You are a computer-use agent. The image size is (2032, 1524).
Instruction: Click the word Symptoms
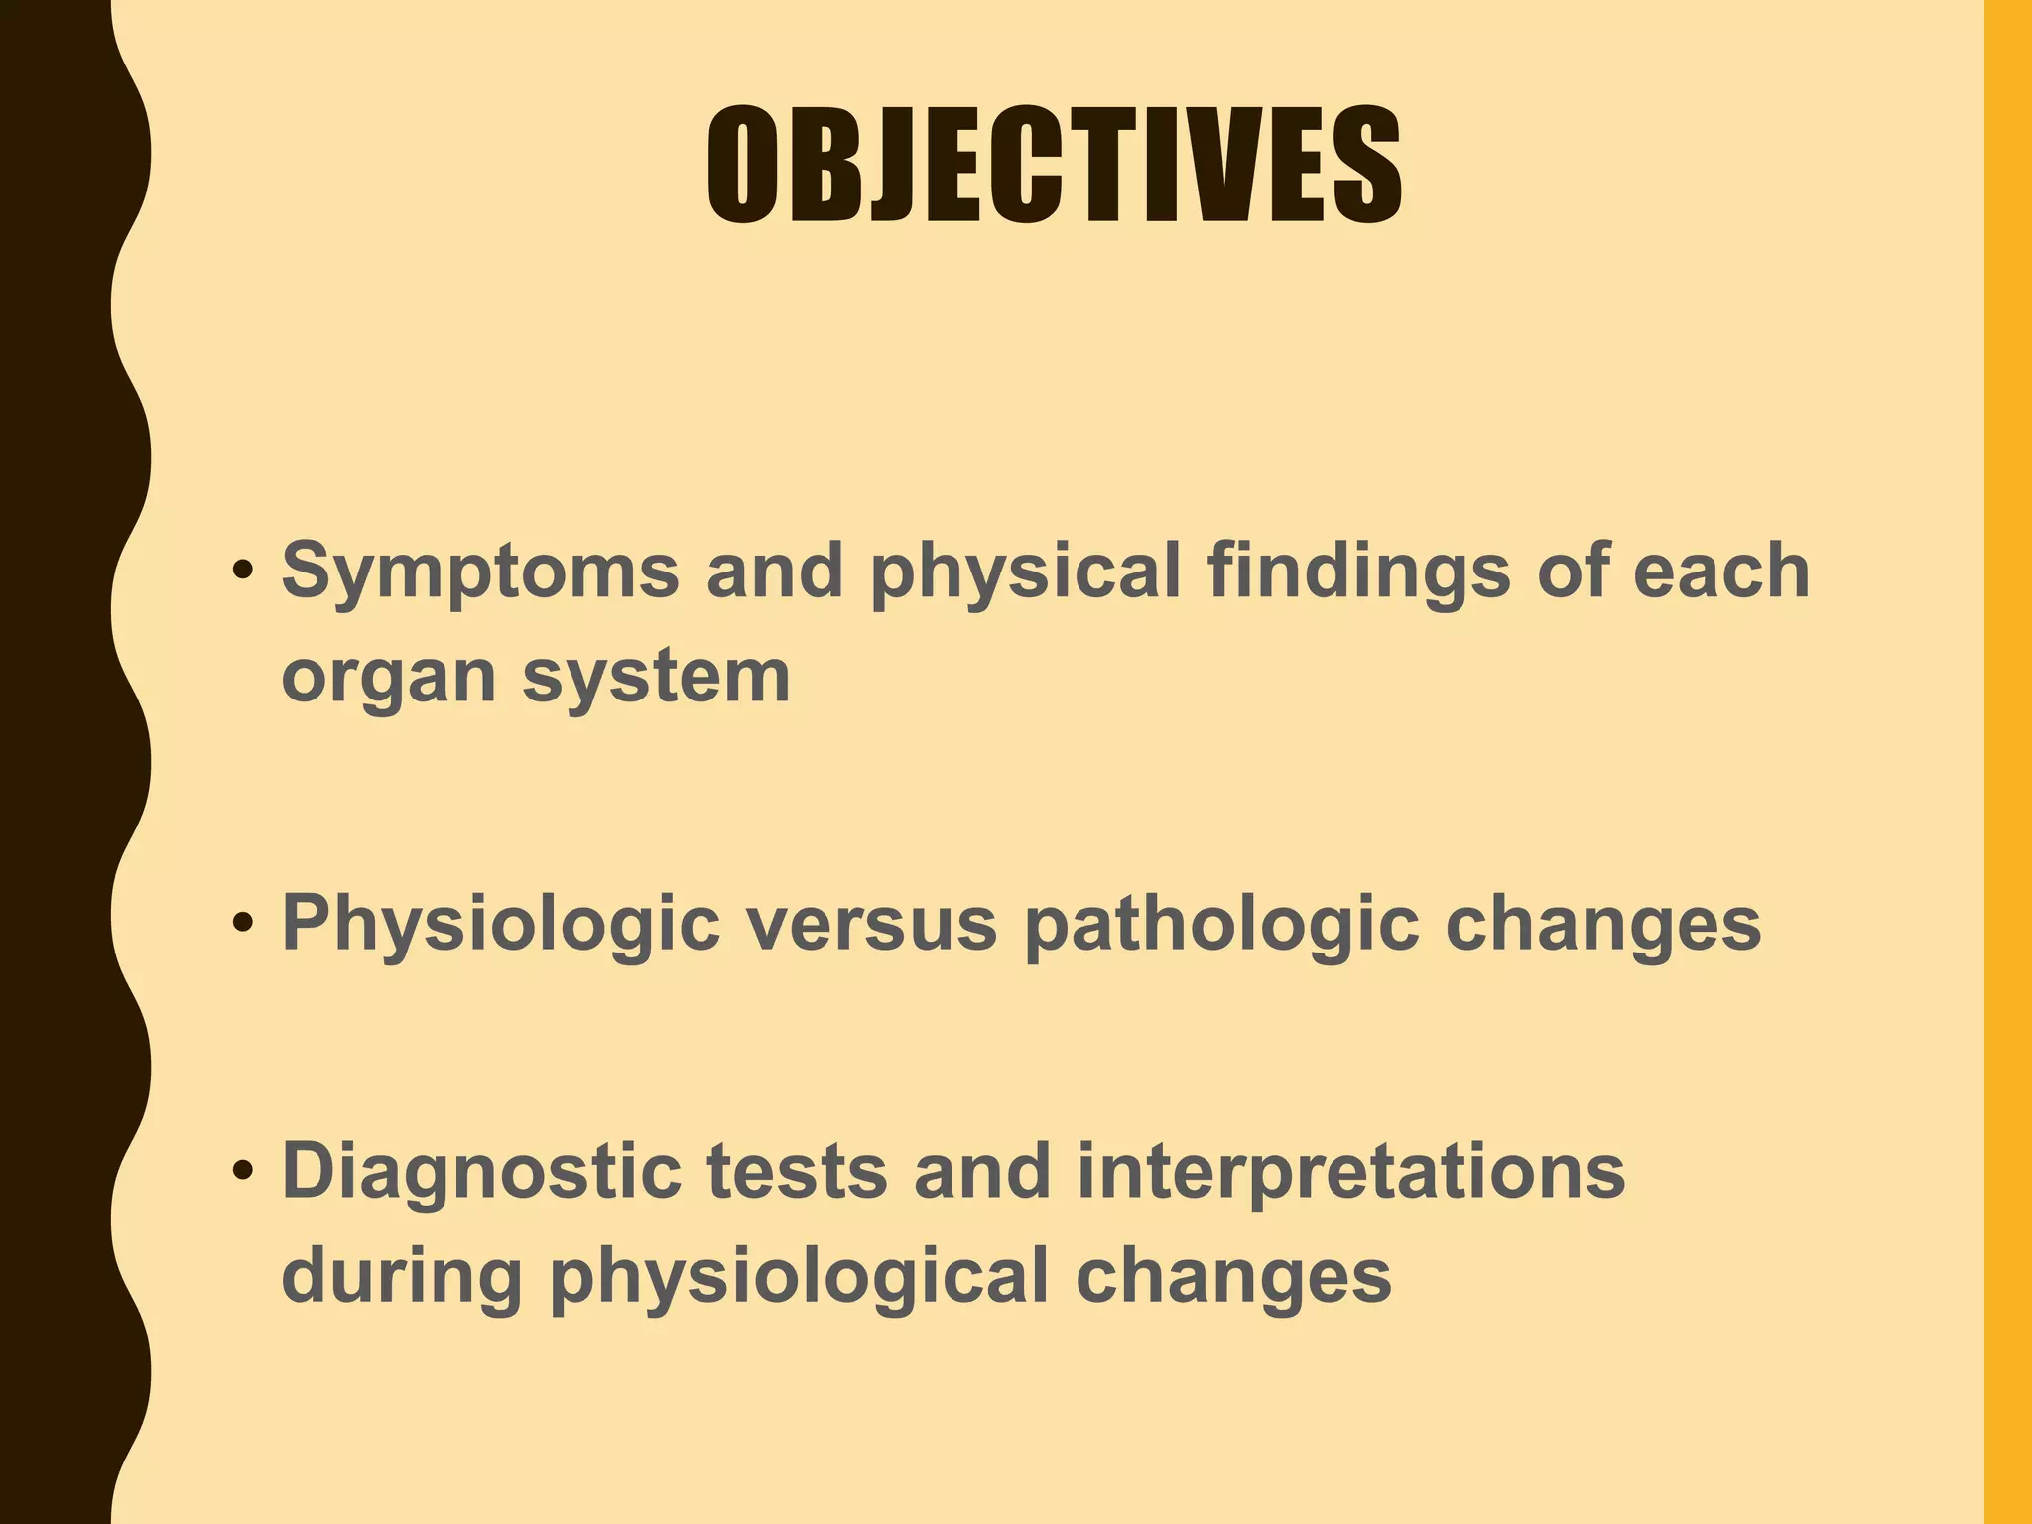pyautogui.click(x=480, y=572)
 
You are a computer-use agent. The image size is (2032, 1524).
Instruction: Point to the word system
pyautogui.click(x=656, y=678)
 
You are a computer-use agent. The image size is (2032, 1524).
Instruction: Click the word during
pyautogui.click(x=402, y=1276)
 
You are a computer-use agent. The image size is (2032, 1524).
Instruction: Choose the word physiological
pyautogui.click(x=799, y=1278)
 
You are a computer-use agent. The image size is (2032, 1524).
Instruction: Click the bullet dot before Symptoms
pyautogui.click(x=242, y=573)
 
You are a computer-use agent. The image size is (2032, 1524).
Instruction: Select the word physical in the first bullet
pyautogui.click(x=1025, y=572)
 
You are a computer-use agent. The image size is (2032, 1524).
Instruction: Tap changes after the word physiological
pyautogui.click(x=1233, y=1278)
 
